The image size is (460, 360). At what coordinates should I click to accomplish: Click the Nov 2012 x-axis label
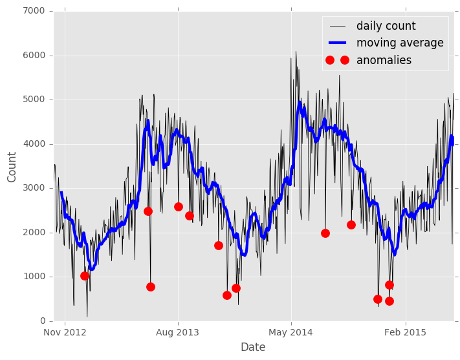point(65,332)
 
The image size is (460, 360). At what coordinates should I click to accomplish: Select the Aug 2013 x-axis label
point(178,332)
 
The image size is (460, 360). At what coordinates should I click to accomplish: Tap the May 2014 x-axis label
point(291,332)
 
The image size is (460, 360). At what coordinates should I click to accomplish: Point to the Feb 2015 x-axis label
point(405,332)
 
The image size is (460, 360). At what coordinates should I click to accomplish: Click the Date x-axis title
point(253,347)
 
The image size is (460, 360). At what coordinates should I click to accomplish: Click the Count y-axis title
point(12,167)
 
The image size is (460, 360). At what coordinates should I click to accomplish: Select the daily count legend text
point(386,26)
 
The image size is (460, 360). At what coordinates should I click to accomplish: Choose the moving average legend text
point(400,43)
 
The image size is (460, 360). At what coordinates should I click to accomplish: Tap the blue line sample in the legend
point(337,43)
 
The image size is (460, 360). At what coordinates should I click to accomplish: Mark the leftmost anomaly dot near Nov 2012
point(85,276)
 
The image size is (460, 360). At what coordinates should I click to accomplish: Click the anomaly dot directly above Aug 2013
point(179,207)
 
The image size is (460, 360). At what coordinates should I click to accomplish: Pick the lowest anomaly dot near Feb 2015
point(389,301)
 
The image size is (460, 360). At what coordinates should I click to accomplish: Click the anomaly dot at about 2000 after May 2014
point(325,233)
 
